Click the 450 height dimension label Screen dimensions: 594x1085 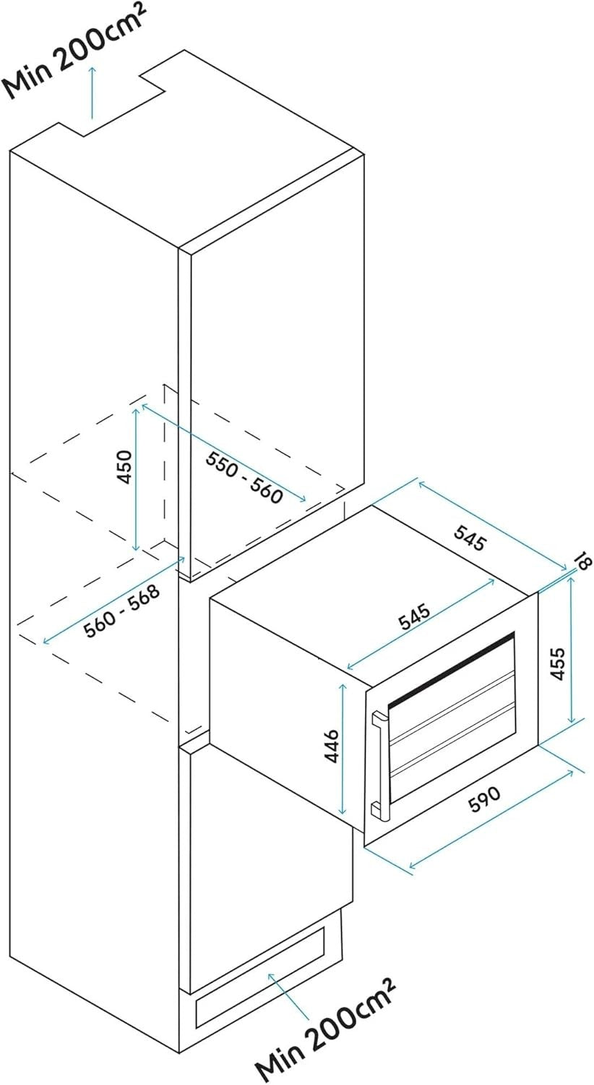[x=125, y=467]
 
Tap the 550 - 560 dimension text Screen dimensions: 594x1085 [x=244, y=477]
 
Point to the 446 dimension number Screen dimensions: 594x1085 [x=331, y=746]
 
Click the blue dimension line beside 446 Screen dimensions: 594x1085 [x=343, y=749]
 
